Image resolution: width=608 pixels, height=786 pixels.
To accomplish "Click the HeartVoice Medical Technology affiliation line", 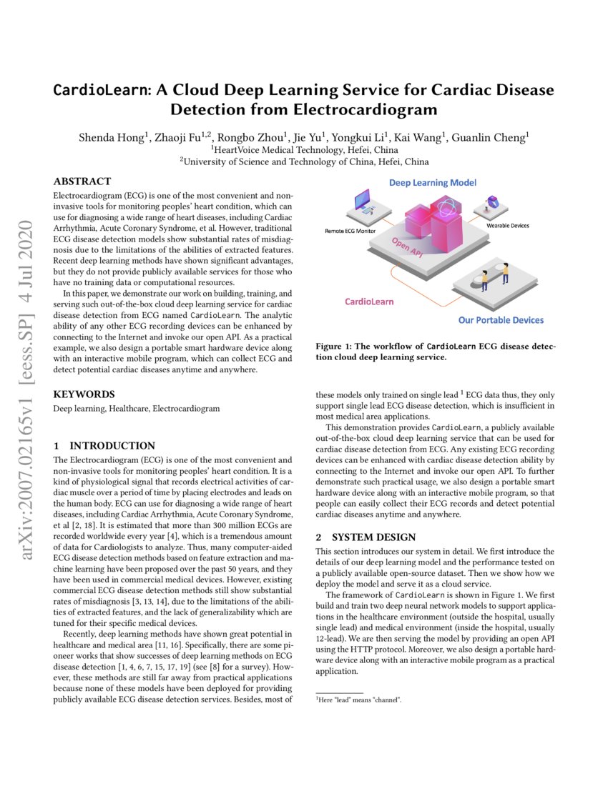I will click(x=304, y=150).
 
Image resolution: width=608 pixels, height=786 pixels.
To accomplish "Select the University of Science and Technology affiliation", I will click(x=304, y=162).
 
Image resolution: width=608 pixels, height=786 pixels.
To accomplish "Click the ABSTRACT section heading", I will click(x=82, y=181).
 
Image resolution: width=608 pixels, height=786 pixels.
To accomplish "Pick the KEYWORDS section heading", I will click(x=84, y=394).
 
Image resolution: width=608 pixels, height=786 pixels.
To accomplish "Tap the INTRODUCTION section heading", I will click(x=112, y=446).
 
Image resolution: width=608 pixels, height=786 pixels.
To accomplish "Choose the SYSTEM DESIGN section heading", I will click(x=375, y=537).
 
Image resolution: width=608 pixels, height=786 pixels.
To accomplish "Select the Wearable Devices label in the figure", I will click(x=508, y=225).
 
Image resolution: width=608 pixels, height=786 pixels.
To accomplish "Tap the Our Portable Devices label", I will click(x=501, y=319).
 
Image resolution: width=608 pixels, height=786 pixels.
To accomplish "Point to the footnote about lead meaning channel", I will click(x=359, y=700).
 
